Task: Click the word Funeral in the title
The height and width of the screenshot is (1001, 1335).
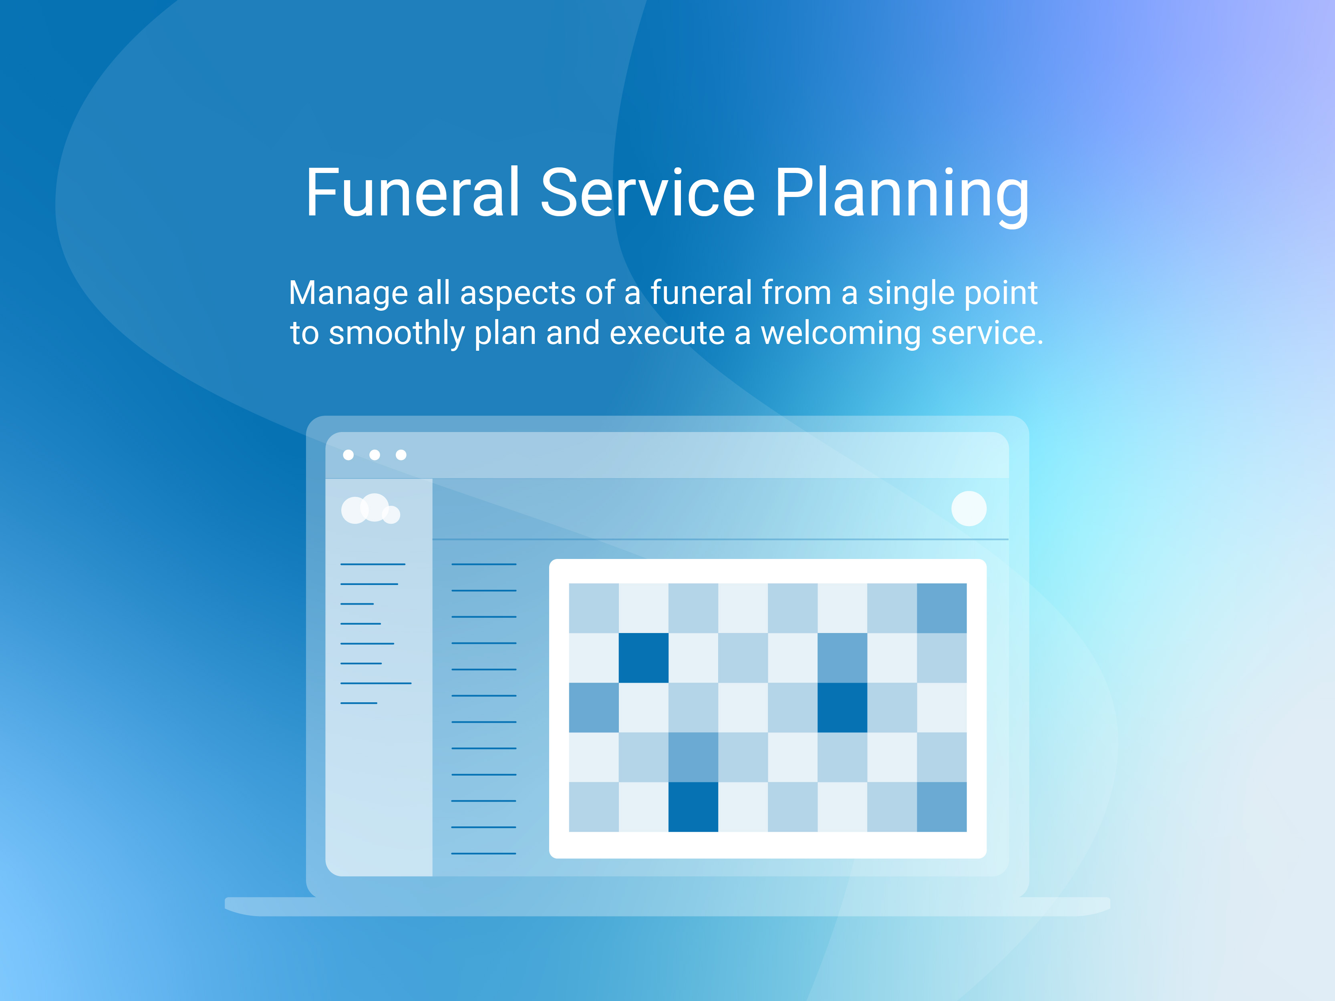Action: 413,193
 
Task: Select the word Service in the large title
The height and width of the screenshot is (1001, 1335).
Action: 648,193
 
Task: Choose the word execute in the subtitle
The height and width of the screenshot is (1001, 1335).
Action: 667,334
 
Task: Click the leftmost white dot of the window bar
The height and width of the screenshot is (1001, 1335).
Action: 348,455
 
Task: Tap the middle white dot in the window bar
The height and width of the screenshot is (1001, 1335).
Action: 375,455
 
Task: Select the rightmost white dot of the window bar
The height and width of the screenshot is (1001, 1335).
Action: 401,455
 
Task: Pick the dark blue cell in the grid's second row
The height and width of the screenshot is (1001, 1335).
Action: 643,658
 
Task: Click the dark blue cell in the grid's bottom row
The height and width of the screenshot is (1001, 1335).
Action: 693,807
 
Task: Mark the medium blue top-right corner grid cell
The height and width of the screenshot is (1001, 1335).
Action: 942,608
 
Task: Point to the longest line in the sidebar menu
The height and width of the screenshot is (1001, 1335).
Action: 376,683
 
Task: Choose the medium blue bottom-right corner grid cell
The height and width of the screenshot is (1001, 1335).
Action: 942,807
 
